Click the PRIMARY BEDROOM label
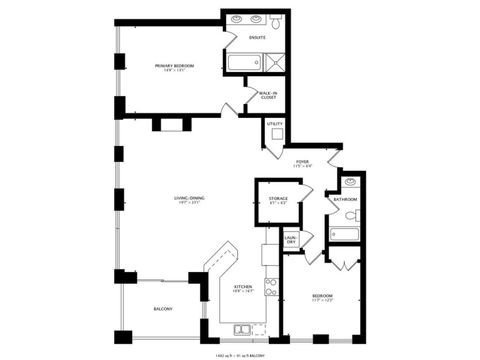point(173,68)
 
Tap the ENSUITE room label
point(258,39)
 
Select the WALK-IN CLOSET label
point(268,95)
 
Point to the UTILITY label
point(275,124)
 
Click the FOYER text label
point(301,163)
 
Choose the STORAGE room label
point(278,199)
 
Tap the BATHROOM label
point(346,199)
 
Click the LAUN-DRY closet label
point(291,241)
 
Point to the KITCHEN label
point(242,289)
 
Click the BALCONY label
point(162,309)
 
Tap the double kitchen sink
point(243,329)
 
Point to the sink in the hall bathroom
point(350,183)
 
